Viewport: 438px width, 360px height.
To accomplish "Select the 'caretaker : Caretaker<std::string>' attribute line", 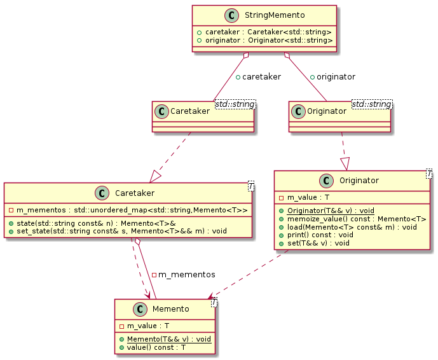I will (264, 32).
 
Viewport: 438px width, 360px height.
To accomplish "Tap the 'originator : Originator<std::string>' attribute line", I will (264, 41).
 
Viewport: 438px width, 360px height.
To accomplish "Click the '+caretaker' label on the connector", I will (258, 77).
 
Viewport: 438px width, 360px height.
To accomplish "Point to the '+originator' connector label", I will (332, 77).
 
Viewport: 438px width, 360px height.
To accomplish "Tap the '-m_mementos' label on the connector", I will (183, 275).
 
